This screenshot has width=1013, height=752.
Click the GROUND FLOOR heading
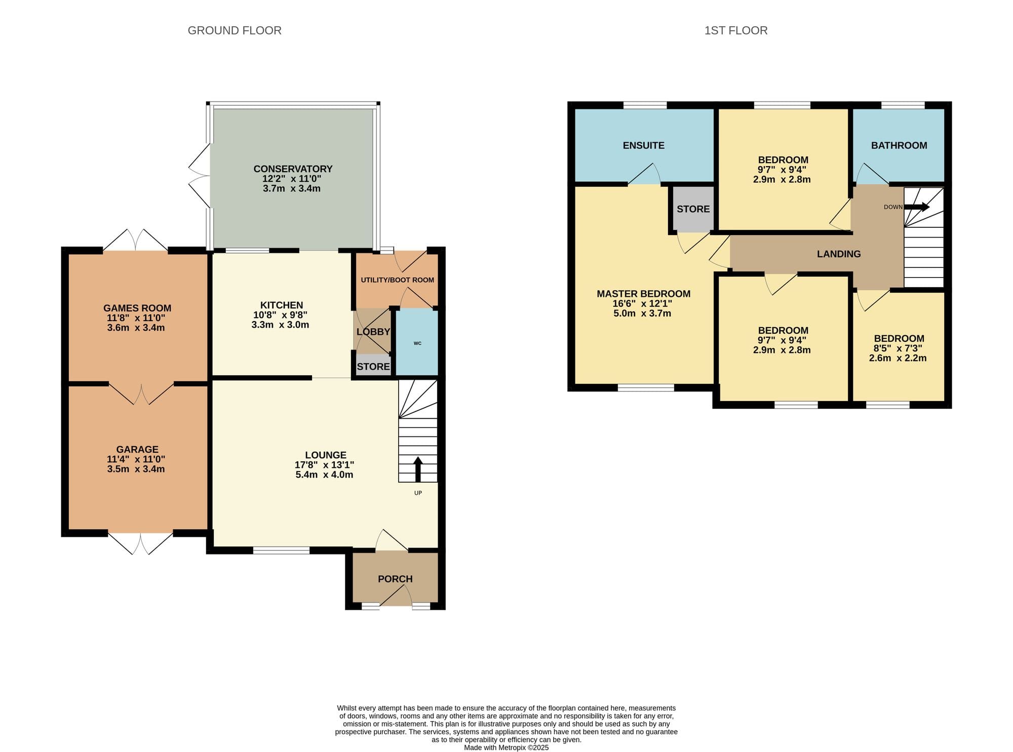click(x=235, y=30)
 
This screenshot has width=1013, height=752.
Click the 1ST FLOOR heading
click(x=736, y=30)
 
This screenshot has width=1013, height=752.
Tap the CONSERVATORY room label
click(x=293, y=169)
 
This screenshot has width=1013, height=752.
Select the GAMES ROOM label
click(x=137, y=308)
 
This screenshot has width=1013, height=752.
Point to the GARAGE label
click(x=137, y=450)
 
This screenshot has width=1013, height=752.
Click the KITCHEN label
click(x=282, y=305)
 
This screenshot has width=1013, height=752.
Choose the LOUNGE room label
click(x=326, y=455)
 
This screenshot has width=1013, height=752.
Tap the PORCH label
click(x=395, y=579)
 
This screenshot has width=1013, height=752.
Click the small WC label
click(x=417, y=343)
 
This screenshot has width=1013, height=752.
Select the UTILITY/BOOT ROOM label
click(x=398, y=280)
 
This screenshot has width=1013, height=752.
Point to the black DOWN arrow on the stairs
click(x=917, y=207)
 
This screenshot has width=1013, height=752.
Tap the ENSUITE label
click(x=644, y=145)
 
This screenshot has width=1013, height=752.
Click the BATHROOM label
click(x=899, y=145)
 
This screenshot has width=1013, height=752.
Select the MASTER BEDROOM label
click(x=643, y=294)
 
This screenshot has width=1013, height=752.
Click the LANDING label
click(x=839, y=254)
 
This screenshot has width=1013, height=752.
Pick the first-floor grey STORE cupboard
click(x=693, y=209)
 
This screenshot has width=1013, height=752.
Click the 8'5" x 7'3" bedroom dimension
click(x=898, y=348)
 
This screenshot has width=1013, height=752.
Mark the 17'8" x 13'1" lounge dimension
click(x=324, y=465)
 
